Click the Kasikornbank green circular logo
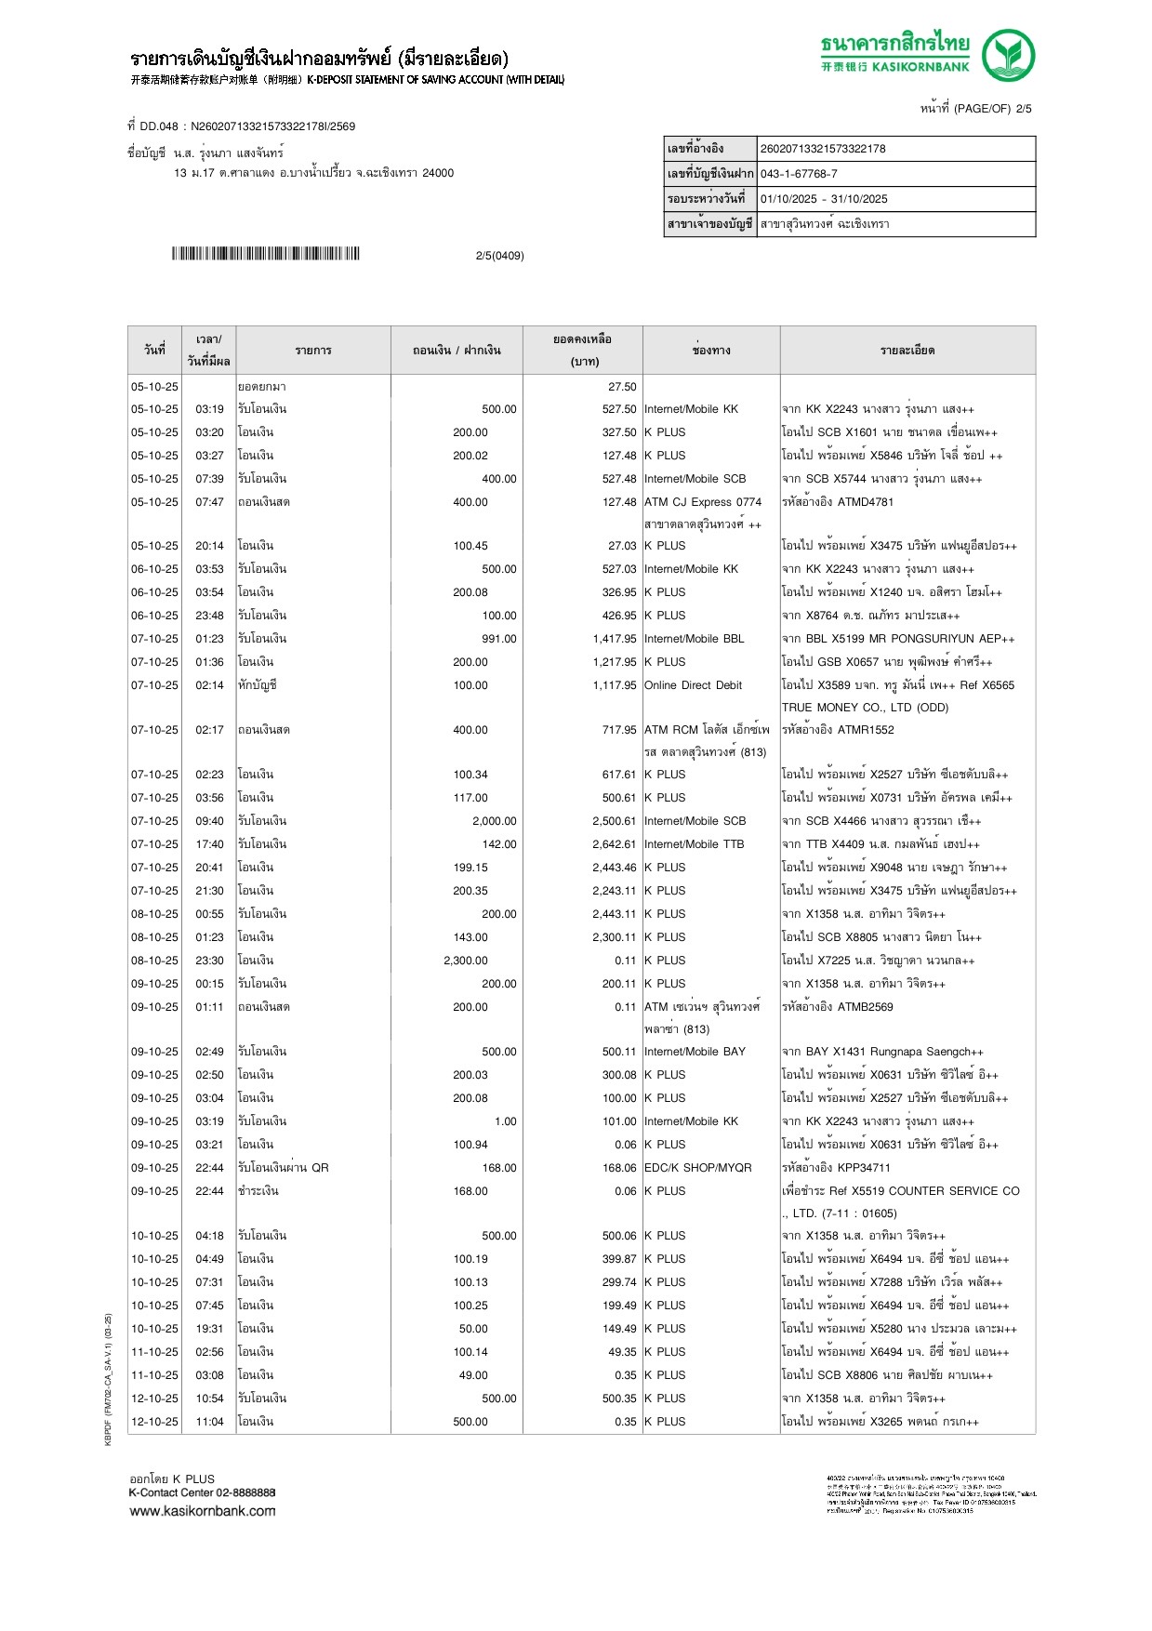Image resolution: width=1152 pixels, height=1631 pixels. (1008, 55)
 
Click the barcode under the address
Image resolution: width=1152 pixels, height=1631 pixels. (265, 254)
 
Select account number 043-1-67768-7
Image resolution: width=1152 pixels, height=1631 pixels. (799, 174)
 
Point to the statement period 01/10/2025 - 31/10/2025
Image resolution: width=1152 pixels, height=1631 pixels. (824, 199)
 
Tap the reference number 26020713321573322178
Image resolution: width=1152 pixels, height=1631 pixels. (823, 149)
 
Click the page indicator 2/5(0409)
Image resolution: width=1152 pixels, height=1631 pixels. (499, 256)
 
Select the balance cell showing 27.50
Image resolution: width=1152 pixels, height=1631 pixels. (622, 387)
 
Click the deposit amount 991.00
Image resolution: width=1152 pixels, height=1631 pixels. (499, 639)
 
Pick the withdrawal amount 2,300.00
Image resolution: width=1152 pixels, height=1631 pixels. (466, 961)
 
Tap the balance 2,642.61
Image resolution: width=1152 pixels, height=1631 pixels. (615, 844)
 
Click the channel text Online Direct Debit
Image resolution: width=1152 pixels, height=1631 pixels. (693, 685)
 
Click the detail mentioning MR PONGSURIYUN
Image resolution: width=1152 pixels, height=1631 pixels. (898, 639)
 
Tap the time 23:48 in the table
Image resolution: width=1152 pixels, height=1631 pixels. (209, 616)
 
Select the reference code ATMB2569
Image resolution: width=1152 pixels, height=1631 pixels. (865, 1007)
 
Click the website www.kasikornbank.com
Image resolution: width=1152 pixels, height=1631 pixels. (203, 1511)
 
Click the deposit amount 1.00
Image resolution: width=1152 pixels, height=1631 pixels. (506, 1121)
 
